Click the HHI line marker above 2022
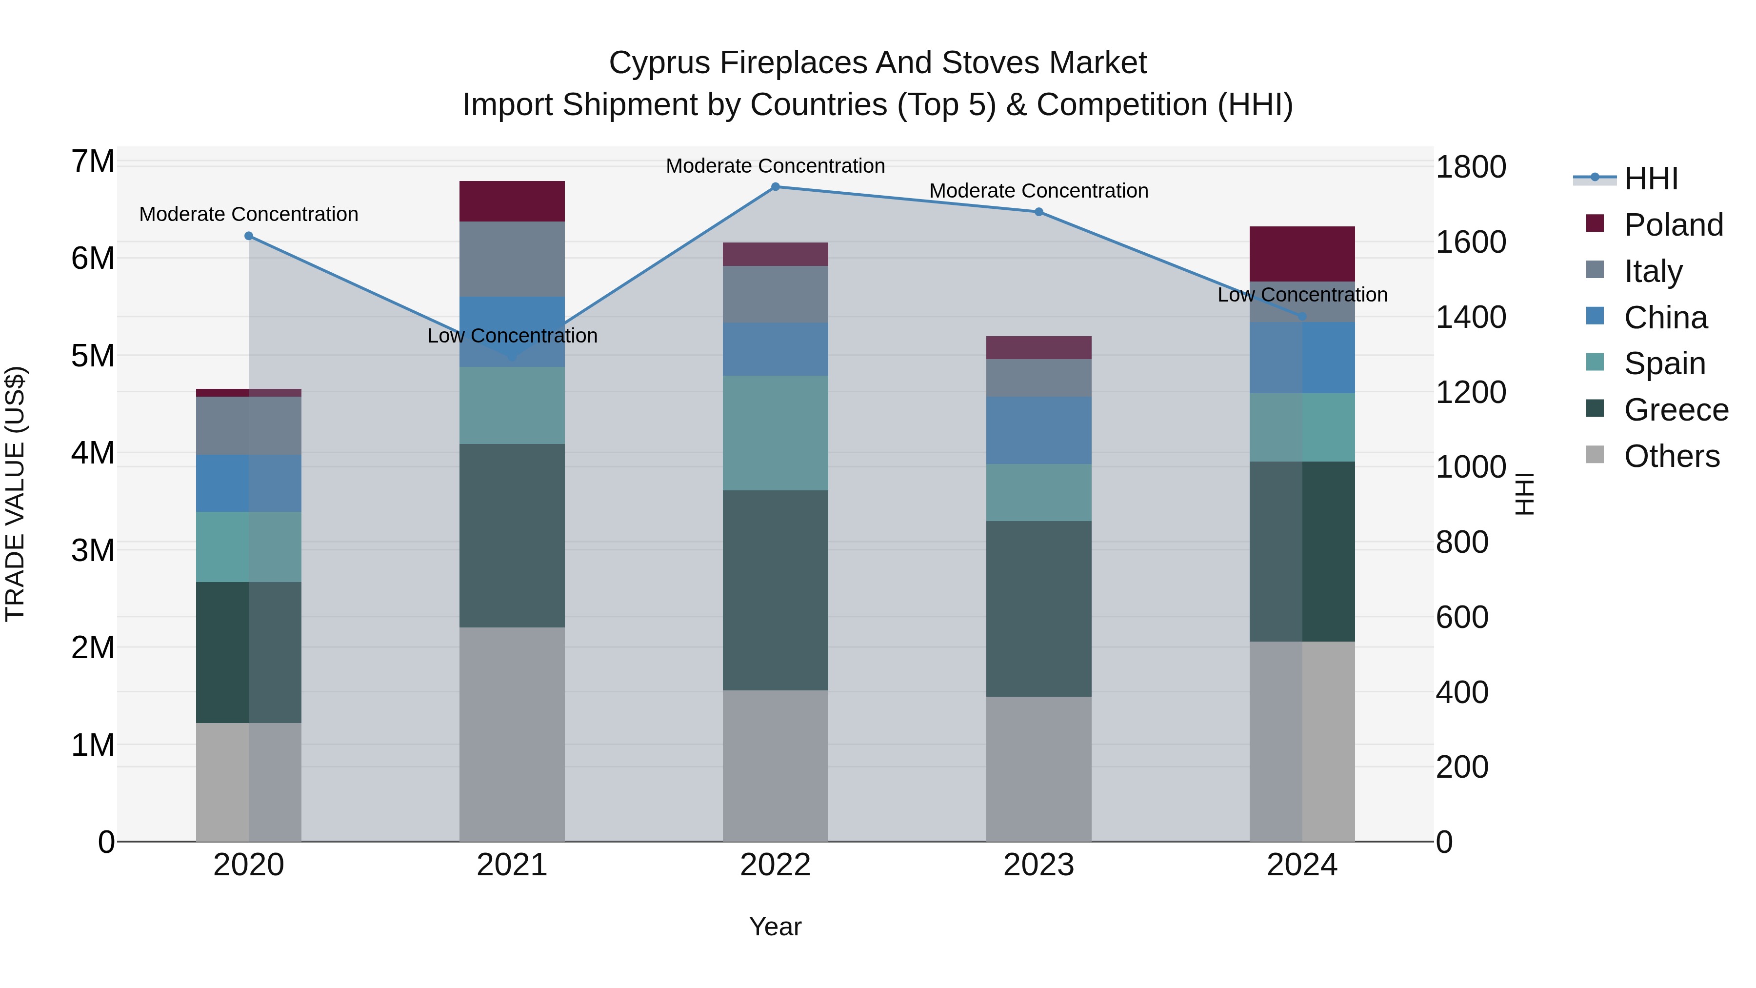[x=775, y=187]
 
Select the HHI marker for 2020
[x=249, y=236]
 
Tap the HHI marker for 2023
[x=1039, y=212]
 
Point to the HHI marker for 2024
[x=1302, y=316]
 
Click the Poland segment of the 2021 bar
[x=512, y=201]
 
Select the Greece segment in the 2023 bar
[x=1039, y=608]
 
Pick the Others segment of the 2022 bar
[x=775, y=765]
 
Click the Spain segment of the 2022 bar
[x=775, y=432]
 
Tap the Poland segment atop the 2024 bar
[x=1302, y=254]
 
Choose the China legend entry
[x=1665, y=318]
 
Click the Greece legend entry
[x=1676, y=410]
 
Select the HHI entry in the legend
[x=1650, y=179]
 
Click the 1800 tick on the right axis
[x=1470, y=167]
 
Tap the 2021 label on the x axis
[x=512, y=865]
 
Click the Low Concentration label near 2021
[x=512, y=336]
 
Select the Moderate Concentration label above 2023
[x=1039, y=191]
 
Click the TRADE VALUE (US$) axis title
[x=15, y=494]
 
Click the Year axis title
[x=775, y=927]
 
